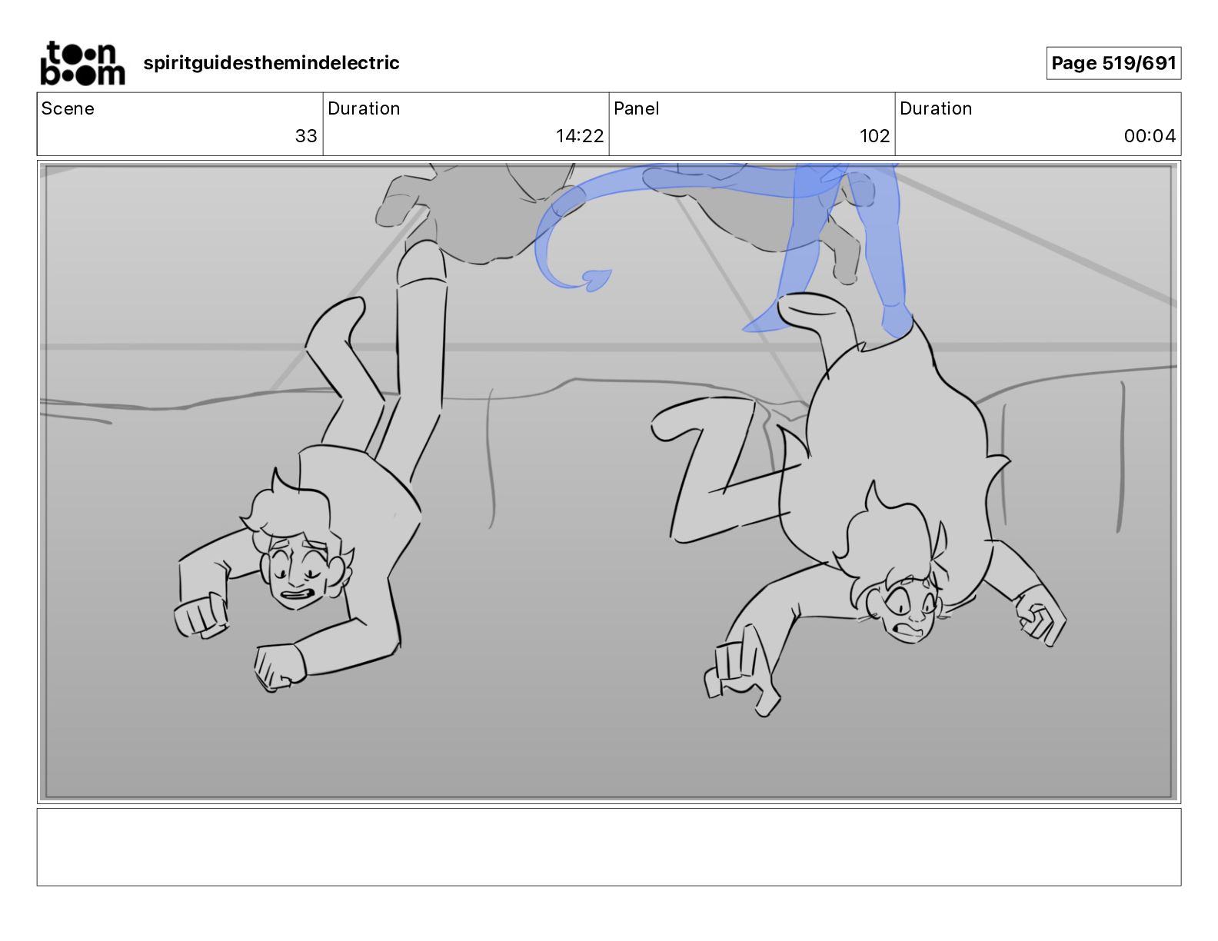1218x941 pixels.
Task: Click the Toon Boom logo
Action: (82, 63)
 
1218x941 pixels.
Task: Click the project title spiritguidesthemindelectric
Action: (271, 63)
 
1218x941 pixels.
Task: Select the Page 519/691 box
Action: (1113, 63)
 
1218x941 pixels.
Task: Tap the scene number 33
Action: (306, 135)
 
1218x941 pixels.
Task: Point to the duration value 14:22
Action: (580, 135)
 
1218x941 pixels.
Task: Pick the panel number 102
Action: (874, 135)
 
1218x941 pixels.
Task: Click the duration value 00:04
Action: (1150, 135)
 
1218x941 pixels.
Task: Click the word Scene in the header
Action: (68, 108)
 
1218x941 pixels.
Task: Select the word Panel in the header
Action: (636, 108)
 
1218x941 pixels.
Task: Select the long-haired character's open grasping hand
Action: (741, 673)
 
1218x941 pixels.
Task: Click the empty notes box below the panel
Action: (609, 847)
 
